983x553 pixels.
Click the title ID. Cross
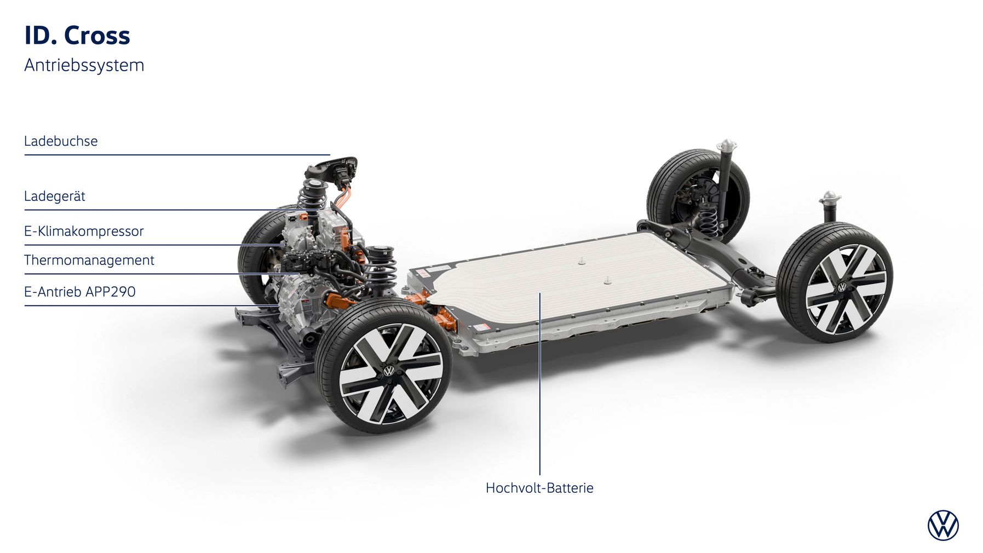click(77, 36)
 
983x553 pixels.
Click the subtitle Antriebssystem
click(84, 65)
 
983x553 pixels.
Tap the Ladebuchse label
click(61, 141)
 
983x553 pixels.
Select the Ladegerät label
click(54, 196)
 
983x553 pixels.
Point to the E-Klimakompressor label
click(84, 231)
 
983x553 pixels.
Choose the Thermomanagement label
click(89, 260)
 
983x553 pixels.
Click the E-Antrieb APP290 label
click(79, 291)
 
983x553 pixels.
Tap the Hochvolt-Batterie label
click(539, 488)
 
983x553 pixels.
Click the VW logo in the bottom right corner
click(943, 526)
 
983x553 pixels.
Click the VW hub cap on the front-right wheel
click(389, 371)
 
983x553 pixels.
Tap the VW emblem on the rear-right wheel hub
click(842, 287)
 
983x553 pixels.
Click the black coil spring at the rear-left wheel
click(710, 218)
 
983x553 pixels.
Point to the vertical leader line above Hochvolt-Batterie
click(540, 383)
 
